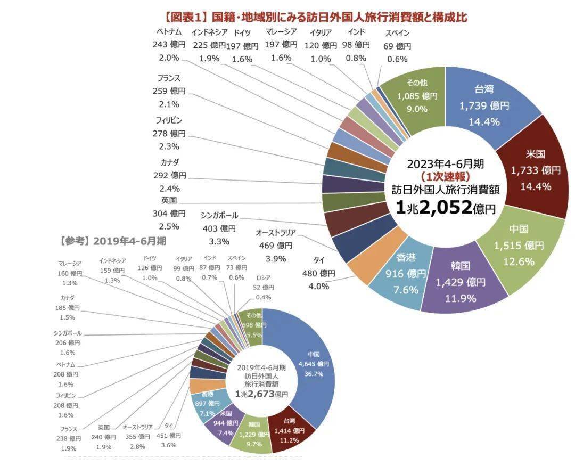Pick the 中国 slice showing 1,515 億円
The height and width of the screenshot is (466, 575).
519,245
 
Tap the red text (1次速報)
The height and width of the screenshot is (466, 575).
445,175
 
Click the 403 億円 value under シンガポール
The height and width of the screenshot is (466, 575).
219,228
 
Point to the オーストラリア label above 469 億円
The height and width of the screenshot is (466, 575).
275,233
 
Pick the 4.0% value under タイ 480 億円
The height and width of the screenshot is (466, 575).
318,286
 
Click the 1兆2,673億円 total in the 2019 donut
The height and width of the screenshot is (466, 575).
261,394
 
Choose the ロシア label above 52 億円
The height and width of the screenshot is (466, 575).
263,277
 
